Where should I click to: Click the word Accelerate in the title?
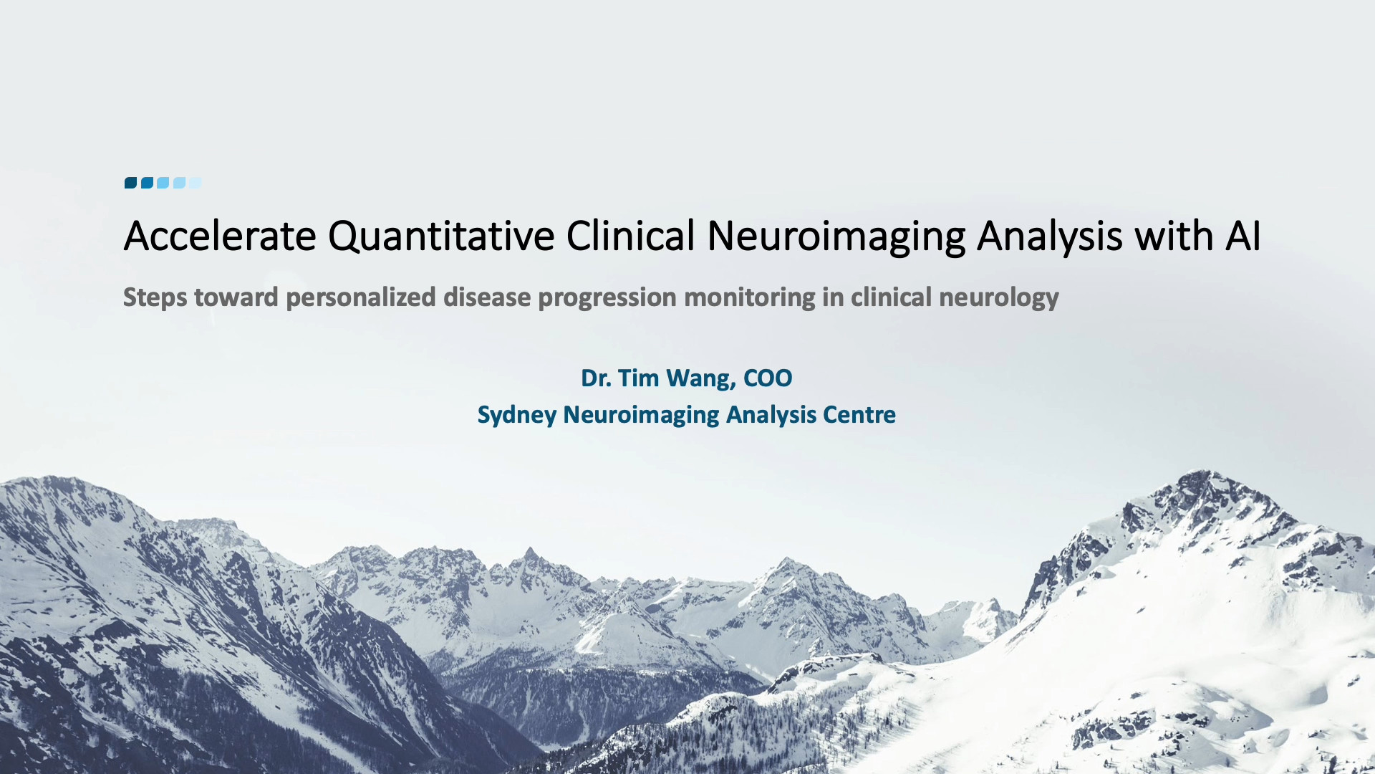[x=220, y=236]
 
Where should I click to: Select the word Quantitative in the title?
[x=441, y=236]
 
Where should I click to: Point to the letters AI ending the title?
[x=1243, y=236]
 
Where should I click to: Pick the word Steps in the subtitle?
[x=155, y=297]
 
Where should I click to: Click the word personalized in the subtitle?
[x=361, y=297]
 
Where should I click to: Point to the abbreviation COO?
[x=768, y=378]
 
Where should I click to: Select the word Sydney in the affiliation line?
[x=517, y=416]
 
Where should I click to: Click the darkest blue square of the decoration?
[x=130, y=183]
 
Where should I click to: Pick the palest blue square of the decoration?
[x=196, y=183]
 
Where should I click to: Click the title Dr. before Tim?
[x=597, y=378]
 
